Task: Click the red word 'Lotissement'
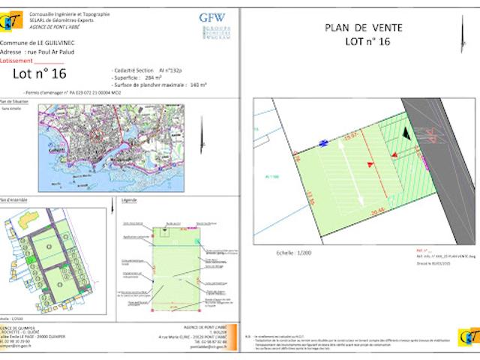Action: pyautogui.click(x=16, y=61)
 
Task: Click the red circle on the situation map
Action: pyautogui.click(x=98, y=136)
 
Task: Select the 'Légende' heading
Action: pyautogui.click(x=129, y=201)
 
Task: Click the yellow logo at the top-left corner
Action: pyautogui.click(x=10, y=22)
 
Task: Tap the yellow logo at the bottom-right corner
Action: pyautogui.click(x=469, y=337)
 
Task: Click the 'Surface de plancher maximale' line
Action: pyautogui.click(x=157, y=85)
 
